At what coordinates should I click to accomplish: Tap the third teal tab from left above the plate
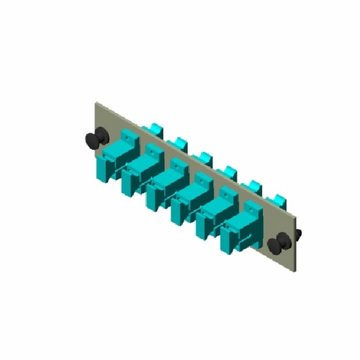(x=204, y=156)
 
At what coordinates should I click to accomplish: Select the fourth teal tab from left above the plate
(x=228, y=171)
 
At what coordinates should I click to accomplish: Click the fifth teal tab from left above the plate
(x=253, y=186)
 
